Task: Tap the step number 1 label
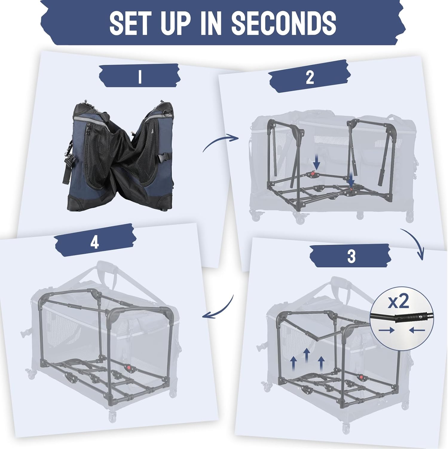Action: tap(140, 78)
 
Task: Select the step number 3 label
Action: tap(351, 257)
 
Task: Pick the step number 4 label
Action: tap(94, 242)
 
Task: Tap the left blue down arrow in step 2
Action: tap(317, 163)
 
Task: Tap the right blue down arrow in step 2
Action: tap(352, 180)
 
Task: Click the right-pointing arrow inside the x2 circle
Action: tap(386, 330)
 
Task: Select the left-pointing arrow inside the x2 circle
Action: tap(417, 330)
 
